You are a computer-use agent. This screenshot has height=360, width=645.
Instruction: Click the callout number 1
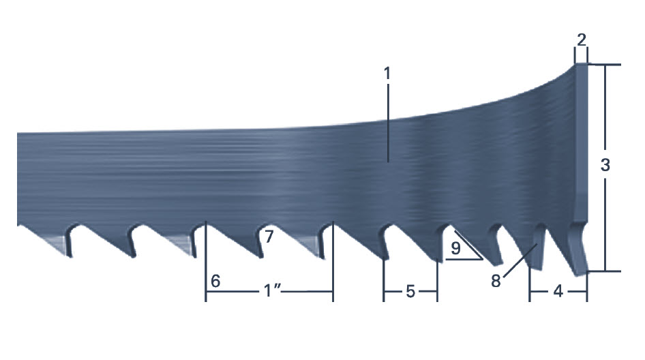(x=387, y=74)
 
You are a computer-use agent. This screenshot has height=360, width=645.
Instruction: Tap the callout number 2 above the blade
(x=581, y=40)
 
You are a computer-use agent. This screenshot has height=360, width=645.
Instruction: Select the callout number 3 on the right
(x=605, y=165)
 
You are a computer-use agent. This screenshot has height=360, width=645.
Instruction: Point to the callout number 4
(x=558, y=291)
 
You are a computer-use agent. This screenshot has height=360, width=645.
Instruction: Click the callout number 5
(x=410, y=291)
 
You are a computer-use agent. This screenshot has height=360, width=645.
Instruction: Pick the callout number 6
(x=215, y=280)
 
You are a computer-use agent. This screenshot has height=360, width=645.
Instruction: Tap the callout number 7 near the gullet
(x=269, y=237)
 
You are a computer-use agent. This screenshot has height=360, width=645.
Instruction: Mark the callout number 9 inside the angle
(x=454, y=247)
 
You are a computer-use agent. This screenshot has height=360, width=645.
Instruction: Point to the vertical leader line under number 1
(x=387, y=123)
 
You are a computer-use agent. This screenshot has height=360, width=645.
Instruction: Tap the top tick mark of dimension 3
(x=604, y=65)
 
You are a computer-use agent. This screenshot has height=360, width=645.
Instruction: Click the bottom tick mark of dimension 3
(x=604, y=271)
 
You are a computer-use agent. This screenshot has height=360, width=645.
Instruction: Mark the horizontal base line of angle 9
(x=464, y=260)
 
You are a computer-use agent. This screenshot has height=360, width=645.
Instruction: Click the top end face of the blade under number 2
(x=581, y=65)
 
